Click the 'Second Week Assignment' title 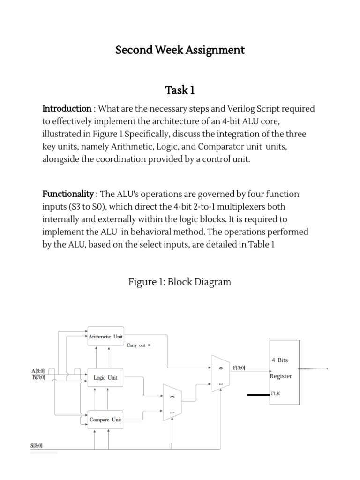180,50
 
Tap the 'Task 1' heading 180,90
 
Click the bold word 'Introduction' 67,109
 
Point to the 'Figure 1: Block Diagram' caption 180,282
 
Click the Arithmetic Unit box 106,337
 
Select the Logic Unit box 106,378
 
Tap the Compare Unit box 106,420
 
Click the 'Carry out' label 136,345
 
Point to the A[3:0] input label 38,371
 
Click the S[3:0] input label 37,446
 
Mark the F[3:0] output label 239,368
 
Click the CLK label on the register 276,394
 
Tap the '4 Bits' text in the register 280,360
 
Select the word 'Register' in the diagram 281,376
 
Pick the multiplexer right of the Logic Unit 169,402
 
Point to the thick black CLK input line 258,395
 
